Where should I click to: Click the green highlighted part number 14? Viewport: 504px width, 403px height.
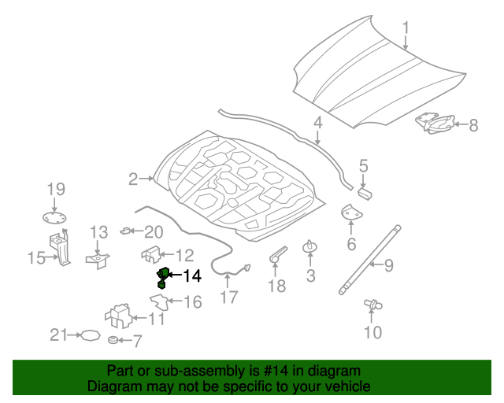(162, 278)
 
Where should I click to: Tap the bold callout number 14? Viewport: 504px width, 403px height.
(192, 276)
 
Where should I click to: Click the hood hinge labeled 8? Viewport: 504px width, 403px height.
(435, 123)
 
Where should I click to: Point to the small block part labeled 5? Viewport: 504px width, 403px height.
(365, 194)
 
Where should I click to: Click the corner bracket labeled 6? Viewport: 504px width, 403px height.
(350, 212)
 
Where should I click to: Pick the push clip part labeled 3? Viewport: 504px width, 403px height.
(310, 246)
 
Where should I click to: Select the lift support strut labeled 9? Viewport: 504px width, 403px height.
(370, 260)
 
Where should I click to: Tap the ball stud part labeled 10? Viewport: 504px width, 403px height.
(372, 304)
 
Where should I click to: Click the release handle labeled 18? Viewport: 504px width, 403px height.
(277, 254)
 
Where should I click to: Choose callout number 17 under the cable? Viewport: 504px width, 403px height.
(229, 298)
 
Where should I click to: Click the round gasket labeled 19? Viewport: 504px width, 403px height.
(54, 218)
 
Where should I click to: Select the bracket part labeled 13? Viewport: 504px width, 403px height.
(98, 260)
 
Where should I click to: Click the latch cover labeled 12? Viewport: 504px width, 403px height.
(151, 254)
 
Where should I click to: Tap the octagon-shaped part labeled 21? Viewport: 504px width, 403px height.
(91, 335)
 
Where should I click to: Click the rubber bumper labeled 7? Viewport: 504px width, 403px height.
(113, 339)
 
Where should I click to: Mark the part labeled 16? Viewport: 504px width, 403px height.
(160, 301)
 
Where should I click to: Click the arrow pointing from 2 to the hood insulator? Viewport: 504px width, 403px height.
(147, 178)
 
